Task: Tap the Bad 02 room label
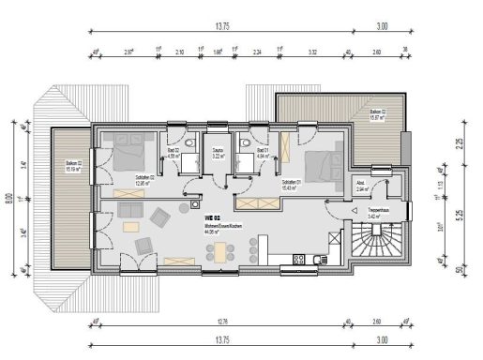[x=173, y=156]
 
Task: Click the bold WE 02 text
[x=213, y=216]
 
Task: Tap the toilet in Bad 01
[x=243, y=142]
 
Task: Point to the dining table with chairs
[x=222, y=251]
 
